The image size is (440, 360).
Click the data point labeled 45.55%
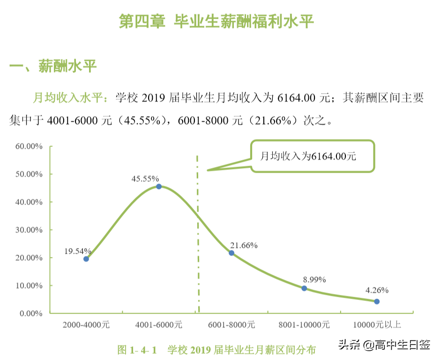coord(159,186)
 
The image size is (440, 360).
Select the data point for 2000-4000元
coord(86,259)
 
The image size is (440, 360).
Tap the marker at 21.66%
coord(231,253)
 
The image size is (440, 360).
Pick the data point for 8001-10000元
coord(304,288)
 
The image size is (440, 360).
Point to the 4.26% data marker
coord(377,301)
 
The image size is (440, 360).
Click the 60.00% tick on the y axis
coord(29,146)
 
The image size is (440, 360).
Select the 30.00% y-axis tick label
coord(29,230)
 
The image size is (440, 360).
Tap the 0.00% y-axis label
coord(30,314)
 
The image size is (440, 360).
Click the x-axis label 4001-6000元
coord(159,324)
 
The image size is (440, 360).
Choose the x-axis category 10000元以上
coord(377,324)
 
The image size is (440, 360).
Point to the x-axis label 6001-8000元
coord(231,324)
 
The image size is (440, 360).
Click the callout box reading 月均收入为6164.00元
coord(313,156)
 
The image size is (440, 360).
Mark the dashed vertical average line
coord(198,234)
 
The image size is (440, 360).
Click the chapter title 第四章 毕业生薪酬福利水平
coord(216,22)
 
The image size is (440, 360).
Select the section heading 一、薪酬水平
coord(53,66)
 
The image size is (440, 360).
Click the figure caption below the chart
coord(216,349)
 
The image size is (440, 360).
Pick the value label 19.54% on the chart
coord(77,251)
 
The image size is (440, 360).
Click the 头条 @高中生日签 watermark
coord(384,345)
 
